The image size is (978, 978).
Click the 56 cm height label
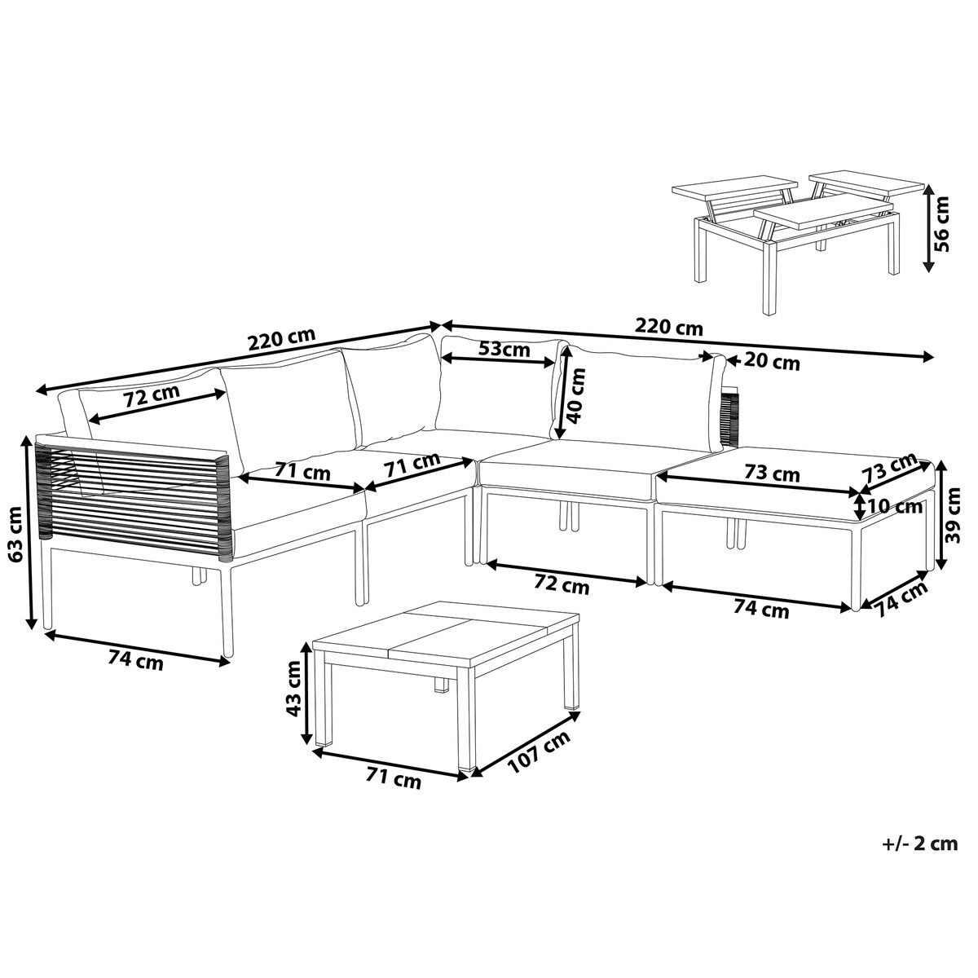point(942,224)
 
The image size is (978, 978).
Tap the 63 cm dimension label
point(17,533)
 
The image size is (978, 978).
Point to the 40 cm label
point(576,395)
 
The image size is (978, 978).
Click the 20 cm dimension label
point(772,363)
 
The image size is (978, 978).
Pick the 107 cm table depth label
point(540,750)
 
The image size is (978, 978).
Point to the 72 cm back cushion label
point(152,395)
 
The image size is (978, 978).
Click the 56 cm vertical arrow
point(927,228)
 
